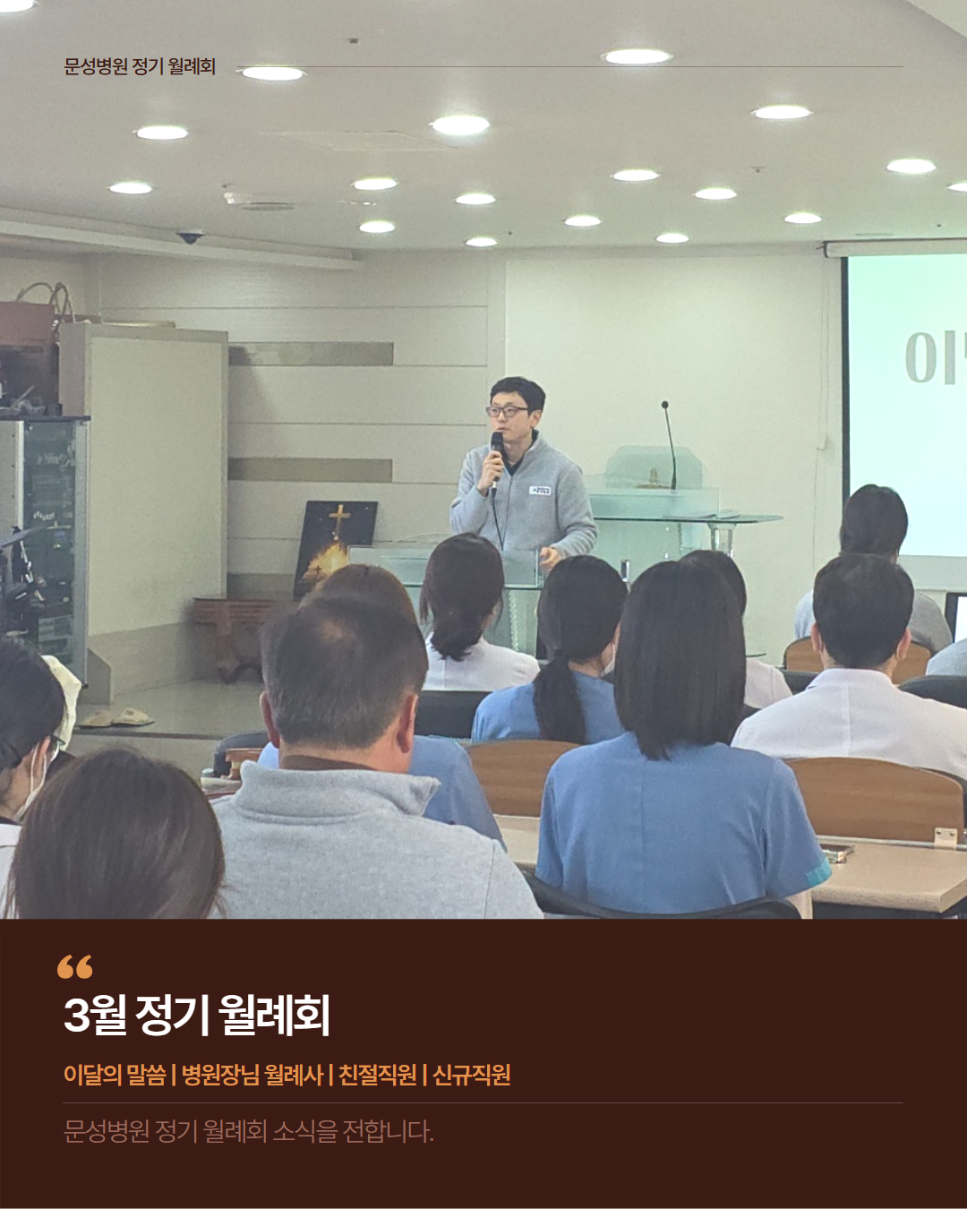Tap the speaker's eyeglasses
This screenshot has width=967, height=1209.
[x=507, y=411]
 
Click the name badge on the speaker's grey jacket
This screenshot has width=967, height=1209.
[x=540, y=491]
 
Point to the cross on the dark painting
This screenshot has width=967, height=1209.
[x=339, y=519]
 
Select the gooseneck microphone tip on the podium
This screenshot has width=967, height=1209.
[x=664, y=405]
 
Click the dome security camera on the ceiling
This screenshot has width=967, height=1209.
[x=190, y=237]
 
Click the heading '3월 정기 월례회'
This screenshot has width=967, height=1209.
[x=197, y=1016]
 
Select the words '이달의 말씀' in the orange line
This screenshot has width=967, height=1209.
[x=115, y=1075]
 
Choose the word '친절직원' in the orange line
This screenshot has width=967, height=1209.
[x=378, y=1075]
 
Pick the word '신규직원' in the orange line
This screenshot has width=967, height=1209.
[x=472, y=1075]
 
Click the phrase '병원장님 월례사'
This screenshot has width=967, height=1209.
[x=252, y=1075]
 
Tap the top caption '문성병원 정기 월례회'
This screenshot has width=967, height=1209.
[x=140, y=66]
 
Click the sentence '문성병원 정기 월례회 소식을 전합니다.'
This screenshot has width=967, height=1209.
[x=248, y=1131]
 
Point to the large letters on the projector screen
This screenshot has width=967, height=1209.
[x=936, y=358]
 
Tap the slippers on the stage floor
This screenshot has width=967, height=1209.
[x=116, y=716]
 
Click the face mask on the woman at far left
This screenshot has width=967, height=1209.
[x=31, y=778]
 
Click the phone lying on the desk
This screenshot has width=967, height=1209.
[x=836, y=853]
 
